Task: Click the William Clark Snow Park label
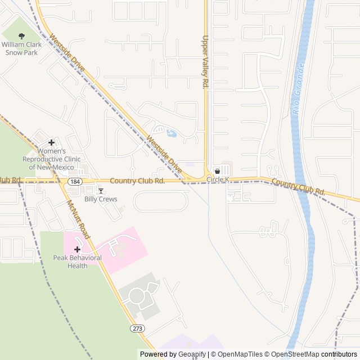pos(22,48)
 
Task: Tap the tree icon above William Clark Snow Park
pos(22,36)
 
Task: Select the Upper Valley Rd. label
pos(205,62)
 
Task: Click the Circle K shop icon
pos(217,171)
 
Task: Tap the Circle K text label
pos(218,179)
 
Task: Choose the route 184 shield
pos(74,182)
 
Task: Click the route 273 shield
pos(137,328)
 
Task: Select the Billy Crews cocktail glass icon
pos(101,191)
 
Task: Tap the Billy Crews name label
pos(101,199)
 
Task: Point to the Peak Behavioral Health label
pos(77,262)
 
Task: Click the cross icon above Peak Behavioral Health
pos(77,249)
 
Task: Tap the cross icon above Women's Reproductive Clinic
pos(51,143)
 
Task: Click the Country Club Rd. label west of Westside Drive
pos(137,181)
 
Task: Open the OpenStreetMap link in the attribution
pos(295,354)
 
